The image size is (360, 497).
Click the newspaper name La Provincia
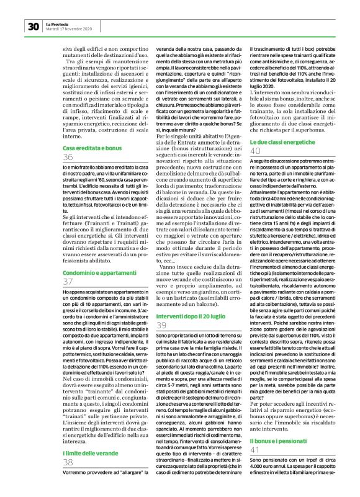pyautogui.click(x=58, y=23)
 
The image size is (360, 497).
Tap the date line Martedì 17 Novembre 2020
pyautogui.click(x=70, y=29)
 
